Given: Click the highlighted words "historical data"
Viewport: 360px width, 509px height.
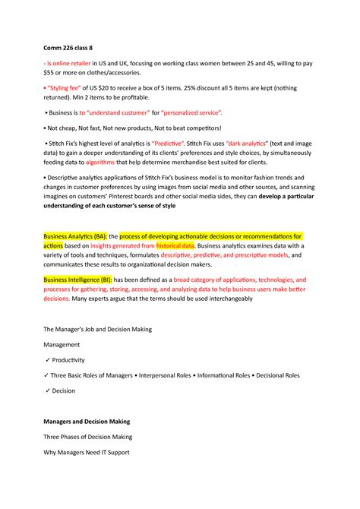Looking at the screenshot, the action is click(175, 246).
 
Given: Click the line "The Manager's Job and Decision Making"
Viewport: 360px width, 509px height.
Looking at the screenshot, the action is click(98, 329).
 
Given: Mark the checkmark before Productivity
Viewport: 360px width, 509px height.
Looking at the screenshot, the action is click(48, 360).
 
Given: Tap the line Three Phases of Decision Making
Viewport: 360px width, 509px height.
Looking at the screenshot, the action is click(87, 437).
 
